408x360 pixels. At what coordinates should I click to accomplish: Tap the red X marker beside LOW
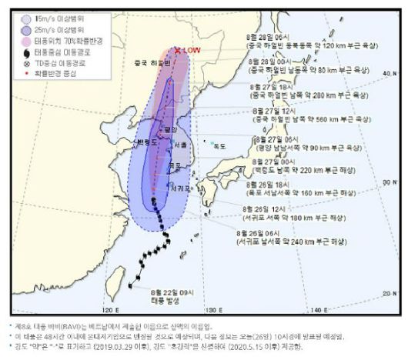[x=178, y=52]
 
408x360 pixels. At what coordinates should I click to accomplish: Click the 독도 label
[x=219, y=145]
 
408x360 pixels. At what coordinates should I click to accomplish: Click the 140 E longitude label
[x=327, y=310]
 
